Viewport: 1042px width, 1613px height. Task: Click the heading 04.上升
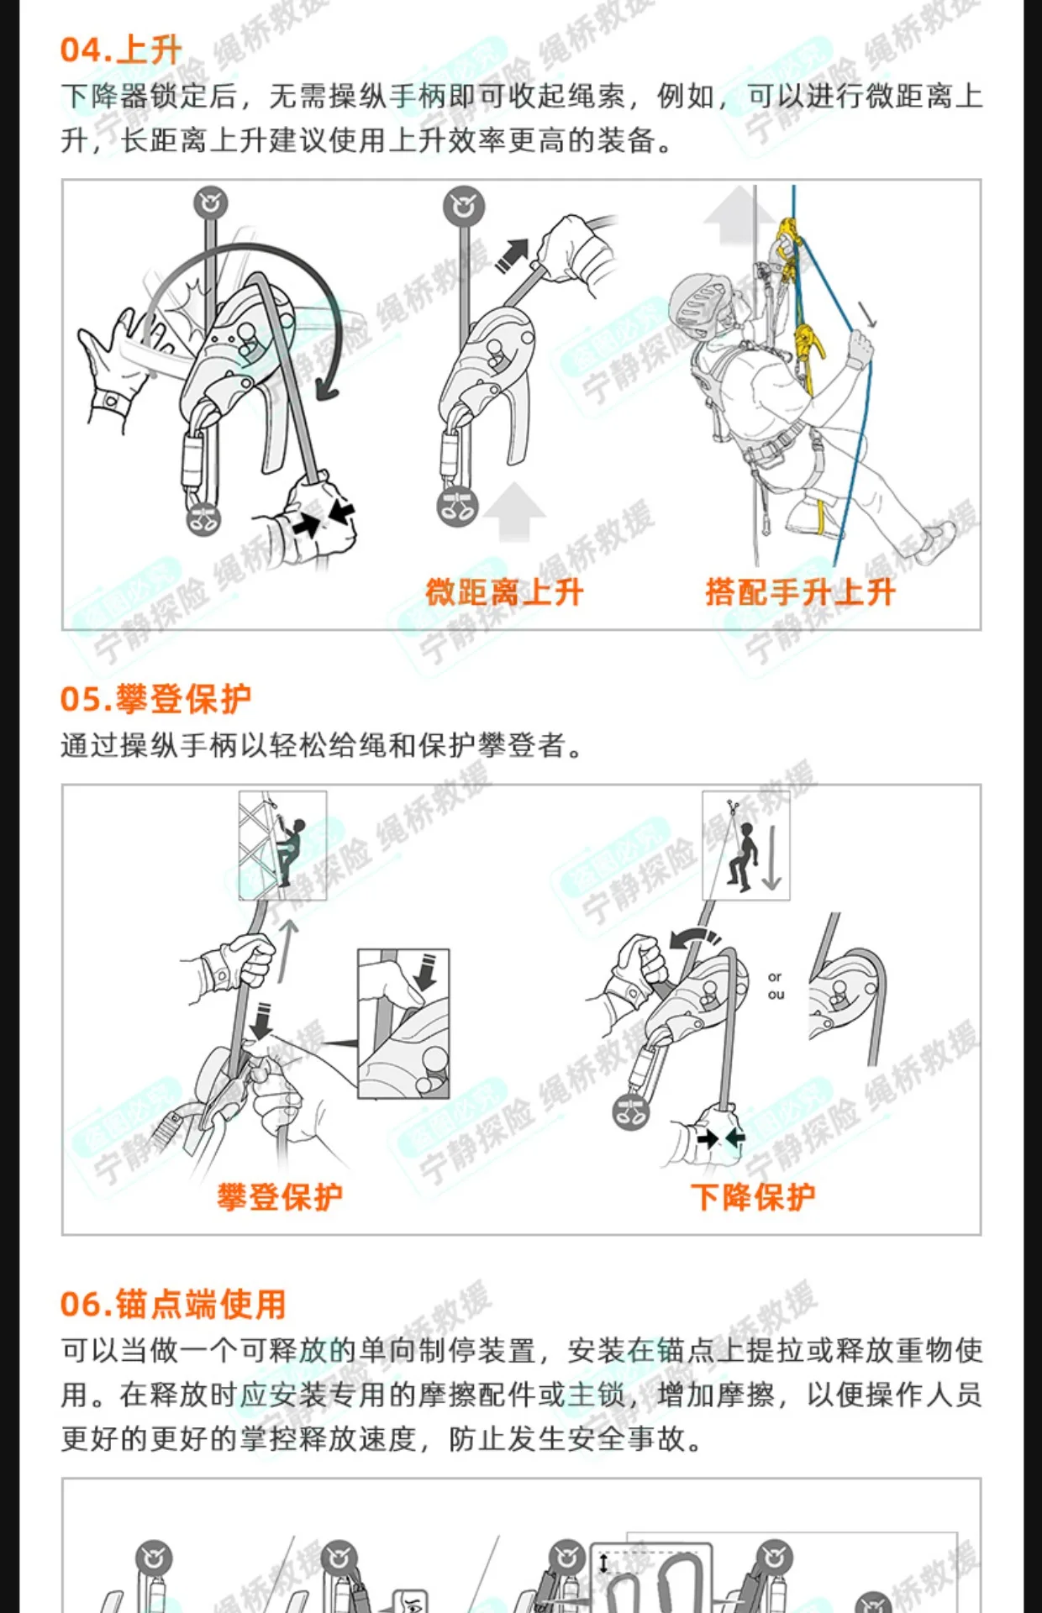pyautogui.click(x=121, y=50)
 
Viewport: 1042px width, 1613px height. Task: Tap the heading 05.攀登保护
pyautogui.click(x=155, y=698)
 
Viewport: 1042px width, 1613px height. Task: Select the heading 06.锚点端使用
pyautogui.click(x=173, y=1304)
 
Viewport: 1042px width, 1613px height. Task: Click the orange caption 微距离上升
pyautogui.click(x=504, y=592)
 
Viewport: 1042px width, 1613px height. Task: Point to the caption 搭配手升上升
pyautogui.click(x=800, y=592)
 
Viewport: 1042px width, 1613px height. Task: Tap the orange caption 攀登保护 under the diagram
pyautogui.click(x=280, y=1196)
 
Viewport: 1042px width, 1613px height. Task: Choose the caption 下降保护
pyautogui.click(x=753, y=1196)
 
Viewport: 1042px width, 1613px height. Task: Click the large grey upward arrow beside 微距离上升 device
pyautogui.click(x=514, y=511)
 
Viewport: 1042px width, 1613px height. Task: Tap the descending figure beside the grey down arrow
pyautogui.click(x=744, y=855)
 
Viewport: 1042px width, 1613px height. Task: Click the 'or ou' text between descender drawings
pyautogui.click(x=776, y=985)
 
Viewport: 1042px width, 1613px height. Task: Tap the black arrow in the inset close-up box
pyautogui.click(x=427, y=971)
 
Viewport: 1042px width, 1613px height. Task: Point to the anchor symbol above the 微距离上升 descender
pyautogui.click(x=465, y=206)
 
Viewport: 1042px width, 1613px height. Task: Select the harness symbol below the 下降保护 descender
pyautogui.click(x=631, y=1111)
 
